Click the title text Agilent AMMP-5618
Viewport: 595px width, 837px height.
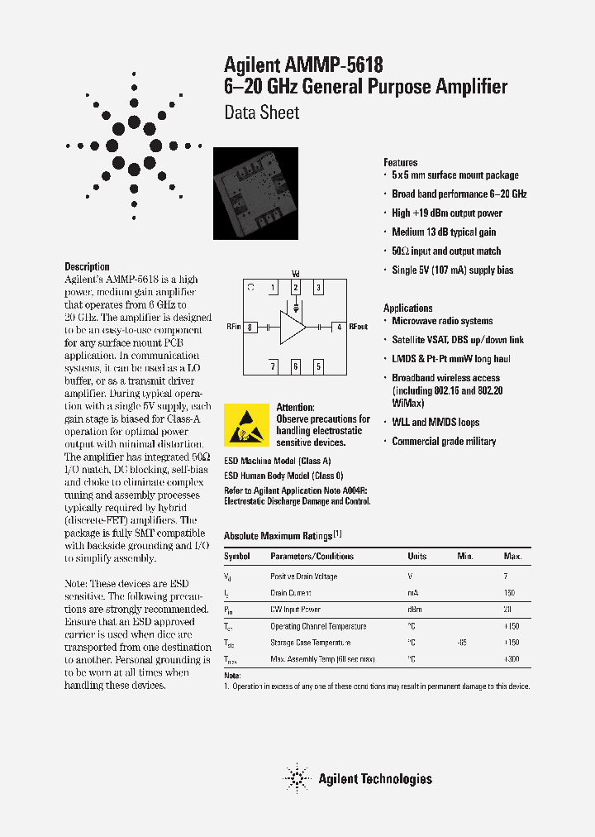point(303,65)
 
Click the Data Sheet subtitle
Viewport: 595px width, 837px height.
point(262,112)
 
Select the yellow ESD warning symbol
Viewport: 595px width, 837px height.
point(246,424)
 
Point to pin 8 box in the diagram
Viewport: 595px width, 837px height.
point(249,328)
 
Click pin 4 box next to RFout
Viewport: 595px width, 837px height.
point(338,328)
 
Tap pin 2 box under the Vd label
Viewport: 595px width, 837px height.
point(295,288)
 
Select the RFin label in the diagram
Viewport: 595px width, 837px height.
point(233,328)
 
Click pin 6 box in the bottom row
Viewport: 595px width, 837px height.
point(295,366)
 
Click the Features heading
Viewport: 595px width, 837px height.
point(401,163)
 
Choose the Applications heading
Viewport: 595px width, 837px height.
point(407,308)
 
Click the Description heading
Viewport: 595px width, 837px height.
point(87,266)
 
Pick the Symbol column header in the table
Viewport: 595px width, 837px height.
point(237,557)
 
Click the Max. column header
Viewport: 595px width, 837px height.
point(512,557)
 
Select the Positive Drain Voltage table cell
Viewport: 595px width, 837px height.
point(303,576)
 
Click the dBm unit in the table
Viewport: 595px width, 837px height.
point(415,610)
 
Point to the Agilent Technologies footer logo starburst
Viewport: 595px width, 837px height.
point(295,778)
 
